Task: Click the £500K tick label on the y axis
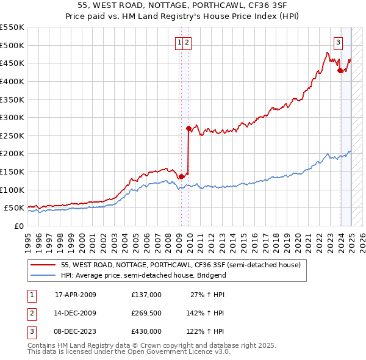point(12,45)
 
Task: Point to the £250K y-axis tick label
point(12,135)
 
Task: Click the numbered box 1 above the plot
point(180,43)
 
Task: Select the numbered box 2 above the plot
point(187,43)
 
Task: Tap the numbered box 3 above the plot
point(337,43)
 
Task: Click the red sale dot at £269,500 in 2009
point(188,129)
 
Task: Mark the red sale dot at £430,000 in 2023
point(340,71)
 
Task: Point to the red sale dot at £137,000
point(181,176)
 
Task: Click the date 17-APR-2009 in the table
point(76,295)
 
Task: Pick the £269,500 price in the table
point(146,313)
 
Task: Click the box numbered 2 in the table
point(31,313)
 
